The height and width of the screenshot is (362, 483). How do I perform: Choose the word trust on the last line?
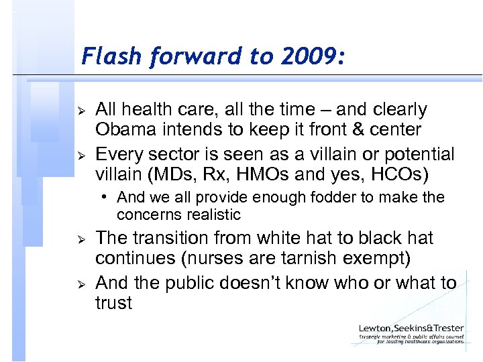[x=113, y=302]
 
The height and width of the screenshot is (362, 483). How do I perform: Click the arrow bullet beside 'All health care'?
[x=80, y=109]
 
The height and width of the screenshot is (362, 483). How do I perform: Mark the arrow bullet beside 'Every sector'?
[x=80, y=154]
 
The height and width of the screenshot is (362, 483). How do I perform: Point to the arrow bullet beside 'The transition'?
[x=80, y=239]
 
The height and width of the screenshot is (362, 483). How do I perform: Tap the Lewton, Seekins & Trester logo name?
[x=411, y=328]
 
